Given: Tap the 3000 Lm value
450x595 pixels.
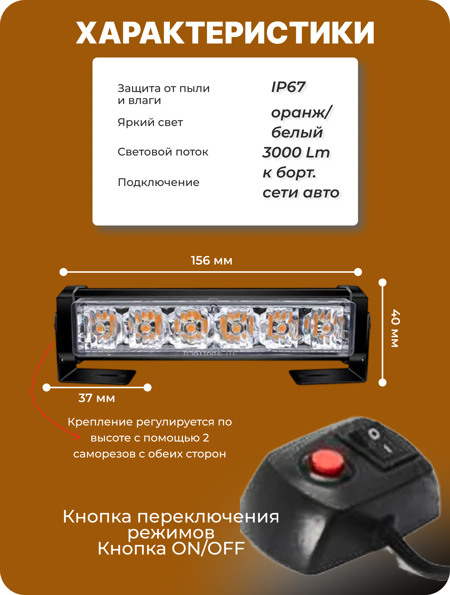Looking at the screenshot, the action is pos(296,152).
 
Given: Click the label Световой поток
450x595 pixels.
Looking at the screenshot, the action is pos(163,152).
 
